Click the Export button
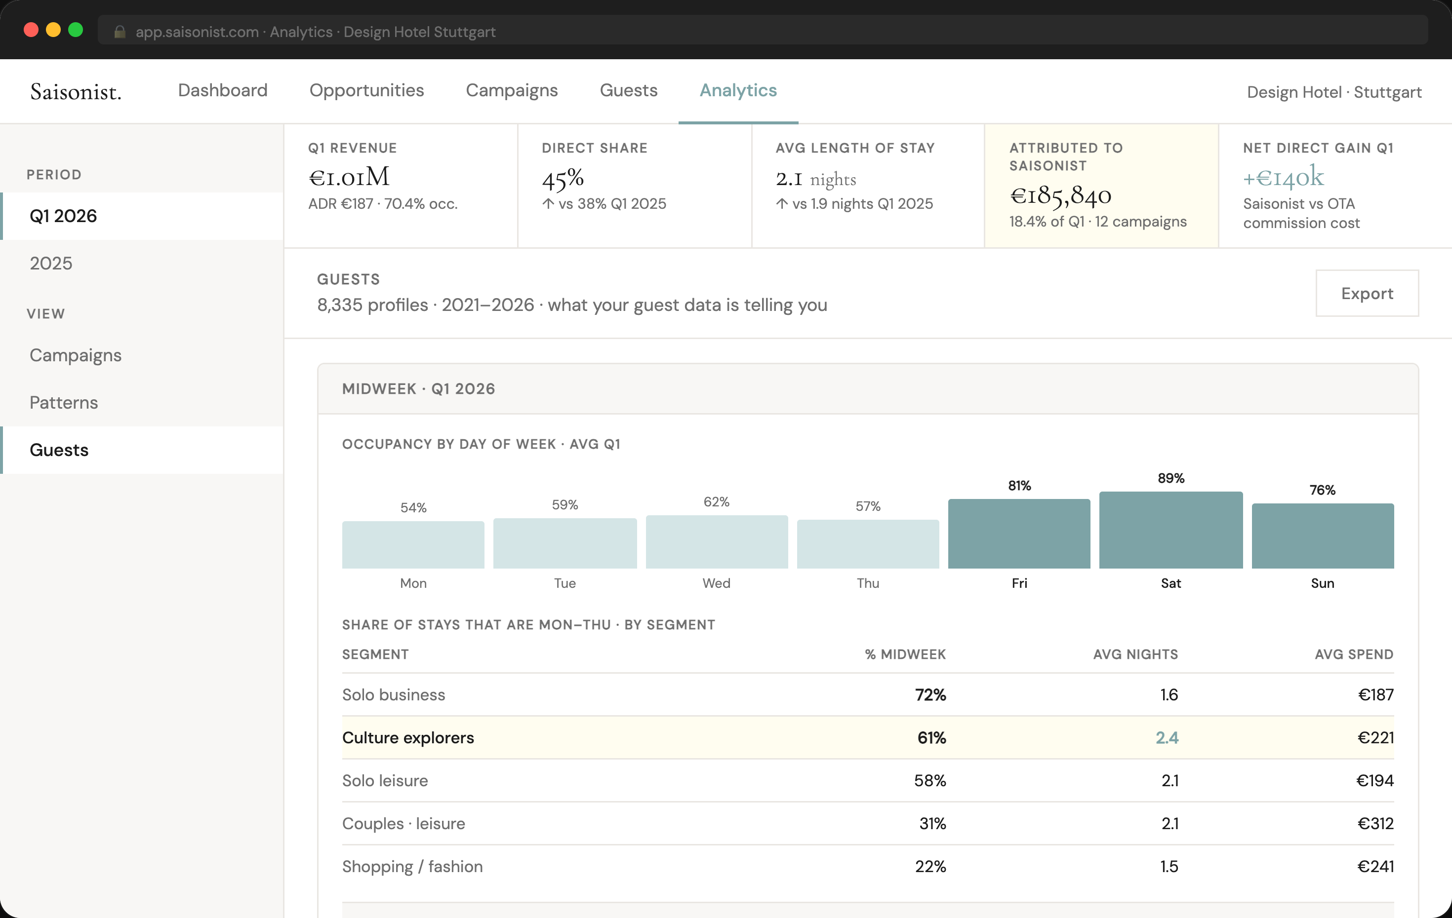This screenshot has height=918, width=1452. coord(1367,294)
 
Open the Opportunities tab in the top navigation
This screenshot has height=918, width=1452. coord(366,90)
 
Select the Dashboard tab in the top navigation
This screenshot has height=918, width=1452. coord(223,90)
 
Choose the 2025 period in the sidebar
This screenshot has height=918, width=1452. coord(51,264)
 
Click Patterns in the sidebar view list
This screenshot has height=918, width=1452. coord(64,403)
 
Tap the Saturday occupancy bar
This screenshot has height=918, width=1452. coord(1170,531)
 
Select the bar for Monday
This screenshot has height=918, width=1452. coord(413,545)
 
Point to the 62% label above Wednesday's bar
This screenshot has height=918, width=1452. coord(716,502)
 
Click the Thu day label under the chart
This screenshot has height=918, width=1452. coord(868,583)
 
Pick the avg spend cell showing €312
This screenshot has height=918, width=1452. coord(1375,823)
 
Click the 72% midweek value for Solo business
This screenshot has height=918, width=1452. coord(930,695)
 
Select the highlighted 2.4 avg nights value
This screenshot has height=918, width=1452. coord(1166,738)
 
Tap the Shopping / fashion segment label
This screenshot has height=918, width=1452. coord(412,866)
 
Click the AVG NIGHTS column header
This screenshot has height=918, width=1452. coord(1135,654)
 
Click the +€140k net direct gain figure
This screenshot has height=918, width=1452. coord(1283,177)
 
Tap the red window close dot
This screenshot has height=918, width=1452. coord(31,30)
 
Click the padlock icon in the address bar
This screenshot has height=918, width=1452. coord(120,32)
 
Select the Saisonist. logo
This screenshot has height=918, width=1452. coord(76,92)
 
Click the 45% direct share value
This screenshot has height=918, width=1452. coord(563,178)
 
